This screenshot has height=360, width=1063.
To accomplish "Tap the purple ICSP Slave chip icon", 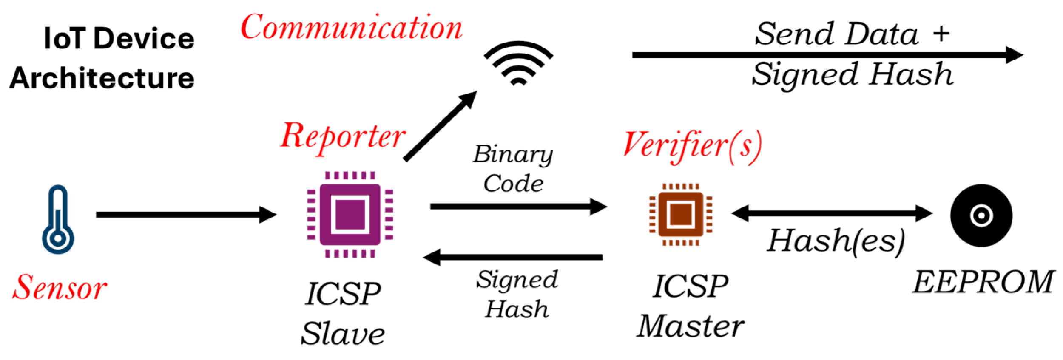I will point(350,215).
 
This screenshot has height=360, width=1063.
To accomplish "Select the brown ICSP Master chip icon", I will point(680,215).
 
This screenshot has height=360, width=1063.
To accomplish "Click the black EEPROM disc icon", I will point(981,215).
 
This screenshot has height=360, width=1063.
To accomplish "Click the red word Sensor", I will point(60,288).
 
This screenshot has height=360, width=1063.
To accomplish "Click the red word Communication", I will point(351,28).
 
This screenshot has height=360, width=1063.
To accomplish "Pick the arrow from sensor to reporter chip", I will point(186,215).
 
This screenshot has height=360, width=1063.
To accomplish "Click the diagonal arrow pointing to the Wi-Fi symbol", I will point(440,126).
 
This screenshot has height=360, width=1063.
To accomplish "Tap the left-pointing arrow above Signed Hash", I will point(513,258).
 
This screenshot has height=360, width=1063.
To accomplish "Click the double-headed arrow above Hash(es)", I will point(831,213).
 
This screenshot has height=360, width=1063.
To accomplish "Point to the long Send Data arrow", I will point(827,55).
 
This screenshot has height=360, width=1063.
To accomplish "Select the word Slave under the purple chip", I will point(343,334).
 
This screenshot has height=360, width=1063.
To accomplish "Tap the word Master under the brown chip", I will point(691,326).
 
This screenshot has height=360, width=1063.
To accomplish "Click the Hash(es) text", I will point(836,241).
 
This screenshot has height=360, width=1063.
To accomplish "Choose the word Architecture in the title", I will point(102,79).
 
